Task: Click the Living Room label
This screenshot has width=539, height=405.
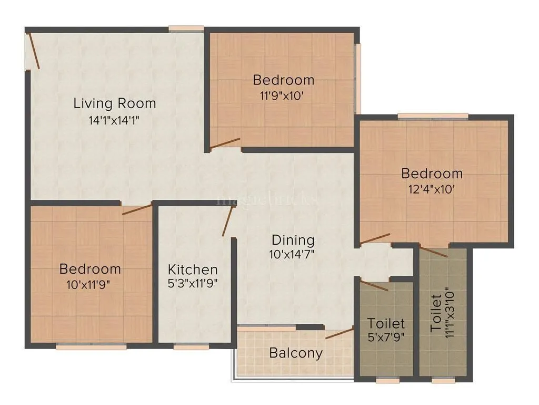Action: (x=115, y=103)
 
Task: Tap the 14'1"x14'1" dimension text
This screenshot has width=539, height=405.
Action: (x=115, y=120)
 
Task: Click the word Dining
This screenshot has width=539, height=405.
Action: (x=293, y=240)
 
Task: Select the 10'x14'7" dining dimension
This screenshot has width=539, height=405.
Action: (x=293, y=254)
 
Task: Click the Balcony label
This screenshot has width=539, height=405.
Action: (x=295, y=353)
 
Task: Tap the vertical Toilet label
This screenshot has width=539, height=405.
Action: (x=436, y=313)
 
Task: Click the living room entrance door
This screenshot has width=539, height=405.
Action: (x=34, y=51)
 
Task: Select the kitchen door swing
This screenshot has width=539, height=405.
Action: (x=227, y=221)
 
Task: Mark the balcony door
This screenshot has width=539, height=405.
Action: (x=339, y=333)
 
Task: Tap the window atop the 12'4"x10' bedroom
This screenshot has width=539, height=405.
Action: (x=433, y=116)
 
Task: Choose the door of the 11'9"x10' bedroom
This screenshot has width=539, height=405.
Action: (x=225, y=143)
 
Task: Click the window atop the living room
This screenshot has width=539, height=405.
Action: (x=186, y=28)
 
